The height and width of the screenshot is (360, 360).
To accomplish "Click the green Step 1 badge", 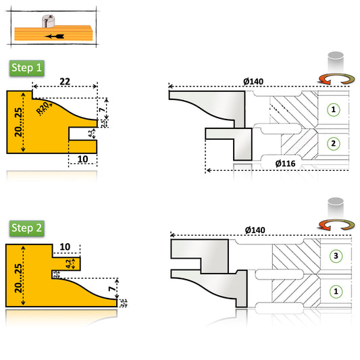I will [27, 68].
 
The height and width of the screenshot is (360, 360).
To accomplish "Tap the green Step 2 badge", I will [27, 228].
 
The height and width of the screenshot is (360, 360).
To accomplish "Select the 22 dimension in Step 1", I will [65, 81].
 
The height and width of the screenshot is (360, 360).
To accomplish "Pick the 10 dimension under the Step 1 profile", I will [83, 159].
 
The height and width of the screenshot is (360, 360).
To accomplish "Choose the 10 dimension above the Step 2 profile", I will [66, 247].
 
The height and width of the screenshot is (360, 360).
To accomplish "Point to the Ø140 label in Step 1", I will [253, 82].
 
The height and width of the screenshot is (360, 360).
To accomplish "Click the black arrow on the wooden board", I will [53, 35].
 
